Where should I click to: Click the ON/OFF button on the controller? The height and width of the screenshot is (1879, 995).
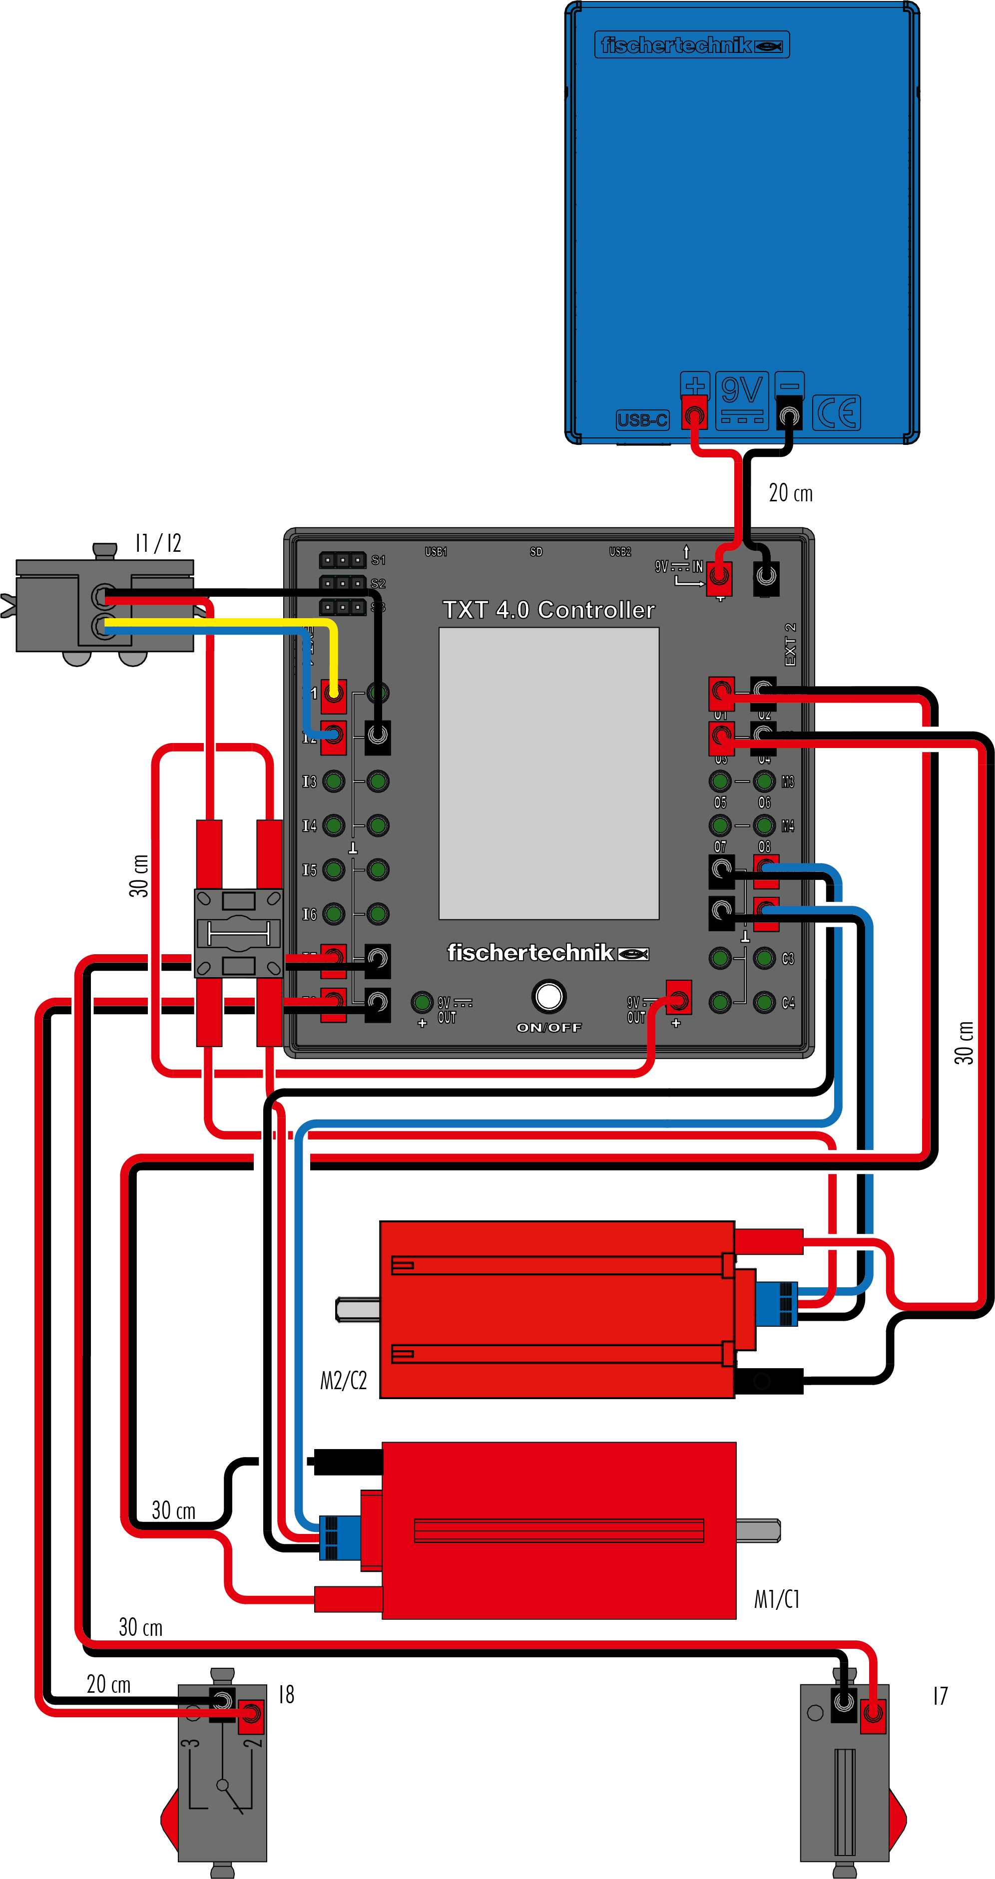point(548,996)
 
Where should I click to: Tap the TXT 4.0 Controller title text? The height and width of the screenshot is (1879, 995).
point(548,610)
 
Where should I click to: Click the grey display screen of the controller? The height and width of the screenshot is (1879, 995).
point(548,773)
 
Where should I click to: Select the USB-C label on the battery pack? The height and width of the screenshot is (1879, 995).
point(642,420)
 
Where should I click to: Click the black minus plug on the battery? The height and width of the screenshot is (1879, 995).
point(789,414)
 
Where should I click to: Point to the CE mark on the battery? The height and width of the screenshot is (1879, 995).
point(837,413)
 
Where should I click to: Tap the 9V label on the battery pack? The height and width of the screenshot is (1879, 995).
point(742,391)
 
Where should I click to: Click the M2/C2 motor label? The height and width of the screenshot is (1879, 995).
point(344,1380)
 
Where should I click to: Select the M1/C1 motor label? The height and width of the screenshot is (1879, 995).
point(777,1599)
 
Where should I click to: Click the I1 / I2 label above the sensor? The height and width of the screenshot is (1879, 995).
point(158,543)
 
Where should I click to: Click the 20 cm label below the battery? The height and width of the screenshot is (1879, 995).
point(791,493)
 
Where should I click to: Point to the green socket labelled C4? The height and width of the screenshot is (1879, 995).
point(765,1002)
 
